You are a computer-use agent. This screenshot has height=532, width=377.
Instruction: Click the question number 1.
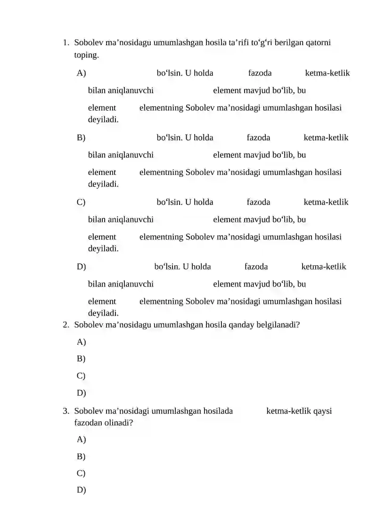[66, 43]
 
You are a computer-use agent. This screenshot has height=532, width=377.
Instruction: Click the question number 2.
[66, 325]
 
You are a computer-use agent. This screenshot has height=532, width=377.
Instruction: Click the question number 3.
[66, 411]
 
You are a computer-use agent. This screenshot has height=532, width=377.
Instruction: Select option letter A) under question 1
[81, 73]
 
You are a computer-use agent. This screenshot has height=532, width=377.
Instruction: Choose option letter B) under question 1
[81, 137]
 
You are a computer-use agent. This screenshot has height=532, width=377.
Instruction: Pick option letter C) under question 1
[81, 202]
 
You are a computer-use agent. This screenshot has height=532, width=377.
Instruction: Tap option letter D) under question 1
[81, 267]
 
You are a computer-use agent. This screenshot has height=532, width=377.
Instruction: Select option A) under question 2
[81, 341]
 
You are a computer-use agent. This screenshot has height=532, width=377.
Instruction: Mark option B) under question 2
[81, 359]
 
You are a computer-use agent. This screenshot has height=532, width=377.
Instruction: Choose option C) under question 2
[81, 376]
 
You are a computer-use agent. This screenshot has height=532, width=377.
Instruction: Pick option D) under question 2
[81, 393]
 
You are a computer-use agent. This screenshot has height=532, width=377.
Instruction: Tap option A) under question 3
[81, 439]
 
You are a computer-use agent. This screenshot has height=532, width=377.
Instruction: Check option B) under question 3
[81, 456]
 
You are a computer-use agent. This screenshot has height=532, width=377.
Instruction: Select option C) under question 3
[81, 473]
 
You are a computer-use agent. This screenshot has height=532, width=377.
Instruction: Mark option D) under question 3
[81, 490]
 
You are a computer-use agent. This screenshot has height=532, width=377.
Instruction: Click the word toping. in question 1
[87, 56]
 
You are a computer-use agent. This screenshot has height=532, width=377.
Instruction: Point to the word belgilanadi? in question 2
[278, 325]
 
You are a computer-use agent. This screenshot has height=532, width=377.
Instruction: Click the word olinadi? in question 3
[119, 423]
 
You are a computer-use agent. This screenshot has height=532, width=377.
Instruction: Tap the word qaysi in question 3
[322, 411]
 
